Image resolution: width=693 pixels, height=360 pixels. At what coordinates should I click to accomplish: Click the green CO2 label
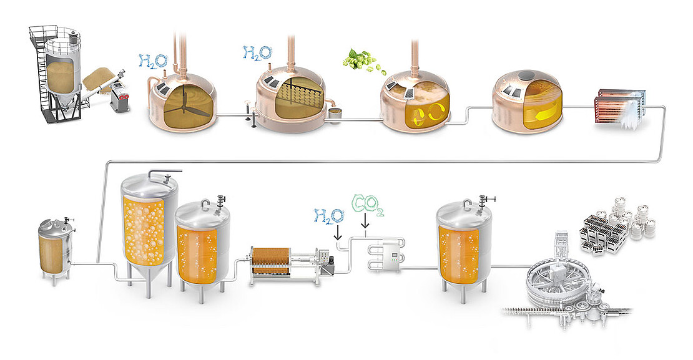pyautogui.click(x=367, y=205)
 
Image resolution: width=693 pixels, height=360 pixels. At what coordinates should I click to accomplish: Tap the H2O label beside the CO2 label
pyautogui.click(x=329, y=215)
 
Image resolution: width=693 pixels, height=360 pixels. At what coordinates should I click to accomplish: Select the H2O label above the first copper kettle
pyautogui.click(x=153, y=61)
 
